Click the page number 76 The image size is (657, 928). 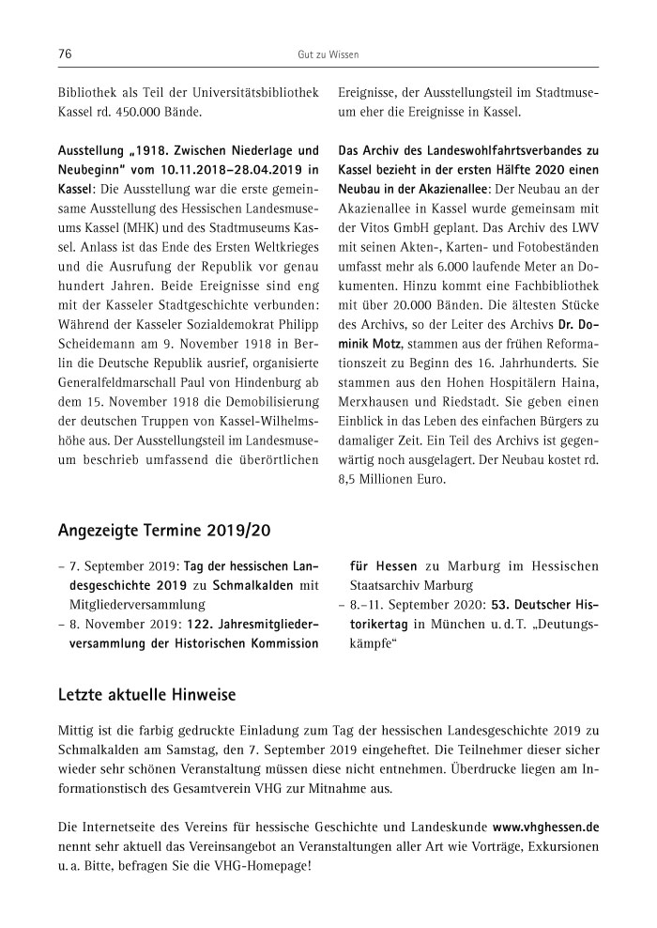tap(65, 54)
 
